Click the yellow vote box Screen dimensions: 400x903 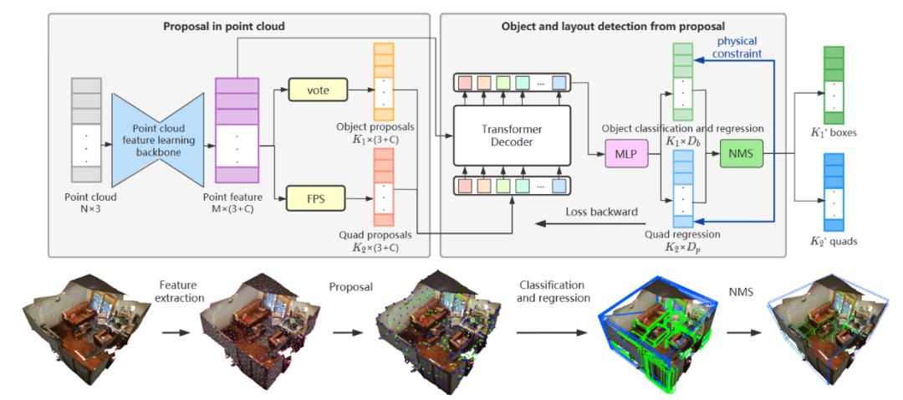(x=317, y=89)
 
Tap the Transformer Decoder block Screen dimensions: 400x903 (x=512, y=136)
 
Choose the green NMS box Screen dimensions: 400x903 (x=742, y=155)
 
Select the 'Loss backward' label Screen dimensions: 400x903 (x=601, y=212)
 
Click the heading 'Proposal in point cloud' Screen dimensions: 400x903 (x=223, y=27)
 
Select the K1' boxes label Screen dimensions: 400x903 (x=833, y=133)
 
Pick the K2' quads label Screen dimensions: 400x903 (x=834, y=242)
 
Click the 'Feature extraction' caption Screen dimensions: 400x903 (x=180, y=290)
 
